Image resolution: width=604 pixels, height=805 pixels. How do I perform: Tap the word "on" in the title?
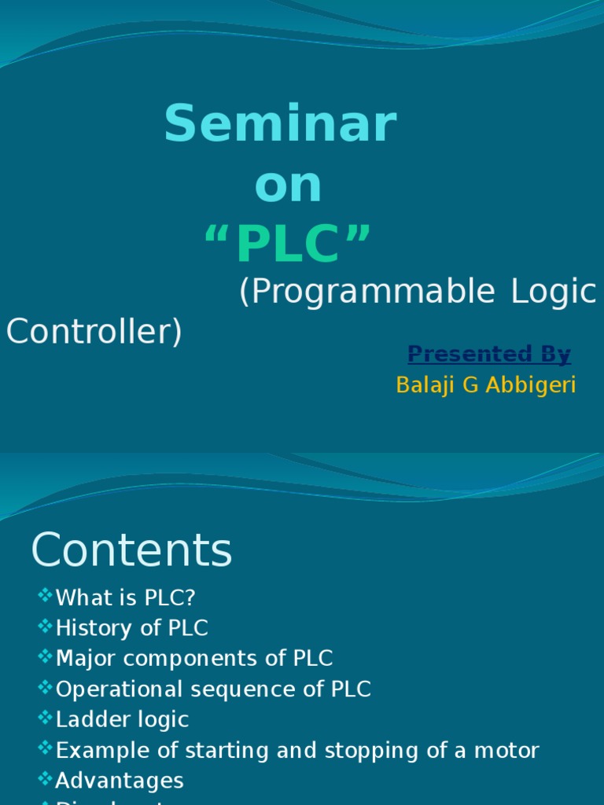click(288, 186)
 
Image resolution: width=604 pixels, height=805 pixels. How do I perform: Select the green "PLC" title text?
click(287, 244)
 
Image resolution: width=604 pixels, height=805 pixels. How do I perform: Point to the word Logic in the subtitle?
click(554, 292)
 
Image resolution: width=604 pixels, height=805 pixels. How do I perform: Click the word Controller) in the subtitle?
click(94, 332)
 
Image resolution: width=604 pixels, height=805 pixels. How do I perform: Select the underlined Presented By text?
click(489, 355)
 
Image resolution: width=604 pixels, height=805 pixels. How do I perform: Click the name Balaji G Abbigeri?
click(486, 385)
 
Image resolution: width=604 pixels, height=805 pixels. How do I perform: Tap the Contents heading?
click(131, 550)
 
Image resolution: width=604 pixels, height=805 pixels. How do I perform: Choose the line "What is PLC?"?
click(126, 598)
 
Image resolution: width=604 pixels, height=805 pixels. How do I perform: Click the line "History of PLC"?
click(132, 628)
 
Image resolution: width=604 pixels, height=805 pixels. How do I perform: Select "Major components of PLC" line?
click(194, 658)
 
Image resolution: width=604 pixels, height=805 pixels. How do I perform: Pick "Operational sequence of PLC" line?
click(213, 689)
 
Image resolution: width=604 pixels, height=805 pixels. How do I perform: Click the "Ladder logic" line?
click(123, 719)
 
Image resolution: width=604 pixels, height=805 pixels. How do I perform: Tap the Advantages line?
click(120, 781)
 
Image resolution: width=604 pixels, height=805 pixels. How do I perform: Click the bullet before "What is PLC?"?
click(45, 597)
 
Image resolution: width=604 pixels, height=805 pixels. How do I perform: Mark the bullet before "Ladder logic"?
click(45, 718)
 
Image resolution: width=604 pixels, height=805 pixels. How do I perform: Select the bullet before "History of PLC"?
click(45, 627)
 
